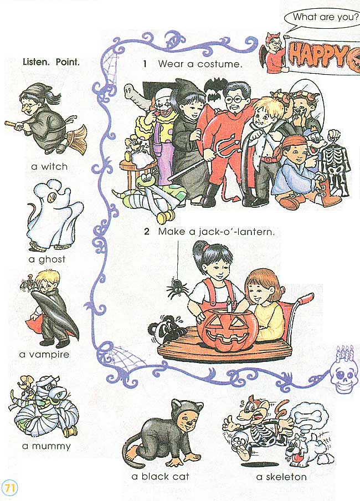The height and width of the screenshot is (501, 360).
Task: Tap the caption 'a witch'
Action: [49, 166]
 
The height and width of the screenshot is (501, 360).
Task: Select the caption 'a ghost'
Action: [47, 259]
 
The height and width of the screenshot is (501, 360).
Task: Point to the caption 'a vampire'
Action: [44, 354]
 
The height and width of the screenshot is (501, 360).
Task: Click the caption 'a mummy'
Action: [47, 446]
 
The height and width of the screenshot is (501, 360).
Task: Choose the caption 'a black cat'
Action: [160, 477]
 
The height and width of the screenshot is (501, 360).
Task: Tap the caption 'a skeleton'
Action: [281, 477]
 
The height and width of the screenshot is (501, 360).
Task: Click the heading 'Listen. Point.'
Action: [51, 62]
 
